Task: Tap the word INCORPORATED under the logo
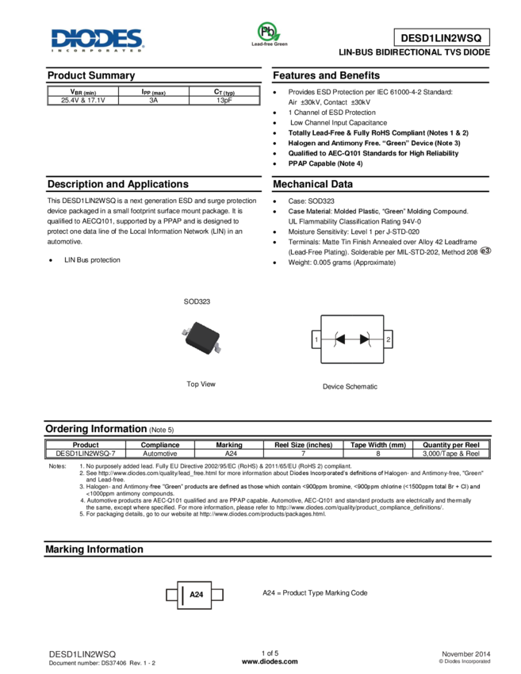[97, 50]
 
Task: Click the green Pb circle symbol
[269, 31]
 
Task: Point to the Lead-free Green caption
[270, 45]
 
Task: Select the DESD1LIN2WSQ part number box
[441, 37]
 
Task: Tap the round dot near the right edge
[486, 251]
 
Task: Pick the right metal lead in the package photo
[217, 347]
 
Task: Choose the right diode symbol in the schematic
[364, 339]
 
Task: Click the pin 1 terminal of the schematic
[316, 339]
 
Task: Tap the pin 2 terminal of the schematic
[388, 339]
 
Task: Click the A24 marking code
[197, 595]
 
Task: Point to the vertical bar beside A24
[183, 595]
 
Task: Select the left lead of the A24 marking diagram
[170, 595]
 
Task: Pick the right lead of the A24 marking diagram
[218, 595]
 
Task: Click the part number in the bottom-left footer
[82, 654]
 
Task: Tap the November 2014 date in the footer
[465, 653]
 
